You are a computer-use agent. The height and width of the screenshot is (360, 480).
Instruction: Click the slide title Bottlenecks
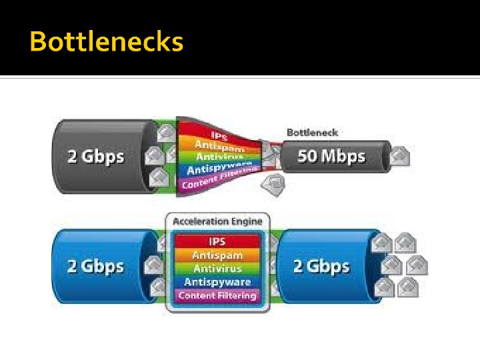pyautogui.click(x=106, y=41)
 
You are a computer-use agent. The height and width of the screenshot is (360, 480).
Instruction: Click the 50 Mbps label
pyautogui.click(x=331, y=157)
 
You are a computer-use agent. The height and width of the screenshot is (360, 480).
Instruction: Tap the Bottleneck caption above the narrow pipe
pyautogui.click(x=313, y=132)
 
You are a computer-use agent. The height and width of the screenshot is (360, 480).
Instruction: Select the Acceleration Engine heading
pyautogui.click(x=217, y=221)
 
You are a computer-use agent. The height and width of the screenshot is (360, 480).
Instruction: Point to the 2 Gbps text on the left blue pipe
pyautogui.click(x=95, y=266)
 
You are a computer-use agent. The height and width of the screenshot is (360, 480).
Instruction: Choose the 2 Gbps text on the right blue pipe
pyautogui.click(x=321, y=266)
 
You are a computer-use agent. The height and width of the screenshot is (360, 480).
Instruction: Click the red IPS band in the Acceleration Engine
pyautogui.click(x=217, y=241)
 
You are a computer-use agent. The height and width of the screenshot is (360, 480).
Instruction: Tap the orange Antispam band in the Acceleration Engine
pyautogui.click(x=217, y=255)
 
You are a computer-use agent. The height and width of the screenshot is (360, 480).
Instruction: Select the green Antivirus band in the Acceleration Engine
pyautogui.click(x=217, y=269)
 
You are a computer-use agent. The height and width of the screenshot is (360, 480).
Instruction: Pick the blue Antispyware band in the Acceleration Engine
pyautogui.click(x=217, y=282)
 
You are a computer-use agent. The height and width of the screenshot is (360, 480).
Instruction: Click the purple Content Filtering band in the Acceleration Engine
pyautogui.click(x=217, y=295)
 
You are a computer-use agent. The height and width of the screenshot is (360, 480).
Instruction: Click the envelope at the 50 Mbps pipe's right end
pyautogui.click(x=399, y=157)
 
